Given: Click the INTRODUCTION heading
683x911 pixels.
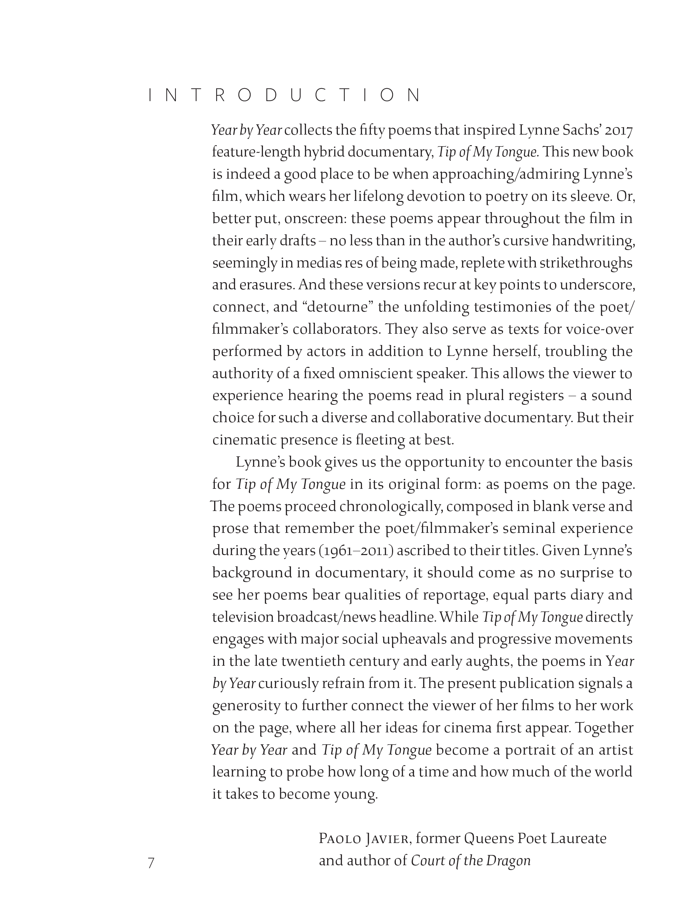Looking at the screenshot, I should click(284, 96).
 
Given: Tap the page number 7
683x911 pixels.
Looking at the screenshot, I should click(151, 862).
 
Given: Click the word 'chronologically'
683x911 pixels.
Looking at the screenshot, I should click(391, 506).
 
